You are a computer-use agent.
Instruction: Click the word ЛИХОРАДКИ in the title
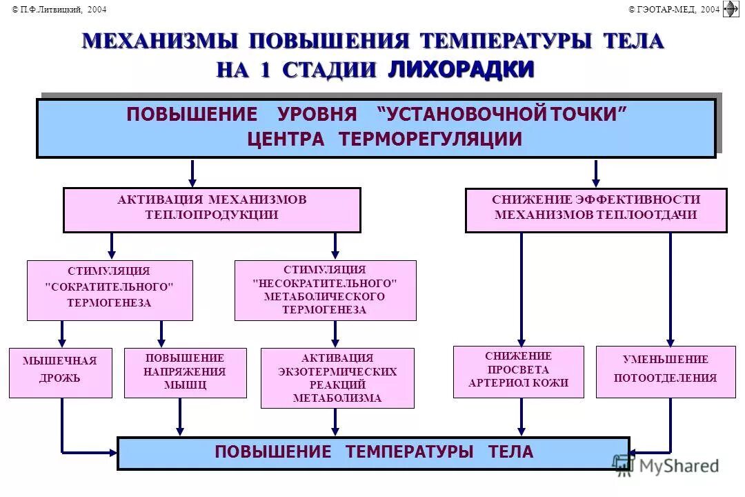click(461, 70)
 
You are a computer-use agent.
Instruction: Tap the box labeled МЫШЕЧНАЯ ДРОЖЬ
click(60, 373)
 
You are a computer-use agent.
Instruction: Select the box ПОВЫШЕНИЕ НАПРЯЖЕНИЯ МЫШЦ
click(185, 373)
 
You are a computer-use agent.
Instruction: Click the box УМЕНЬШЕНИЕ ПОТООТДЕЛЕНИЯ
click(665, 372)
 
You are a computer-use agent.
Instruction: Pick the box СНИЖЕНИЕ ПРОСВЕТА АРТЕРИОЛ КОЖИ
click(518, 371)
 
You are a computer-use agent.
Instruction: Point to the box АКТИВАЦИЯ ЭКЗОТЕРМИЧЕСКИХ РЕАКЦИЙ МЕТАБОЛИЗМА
click(337, 378)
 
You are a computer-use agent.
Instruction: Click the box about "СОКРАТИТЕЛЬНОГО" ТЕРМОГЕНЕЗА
click(110, 290)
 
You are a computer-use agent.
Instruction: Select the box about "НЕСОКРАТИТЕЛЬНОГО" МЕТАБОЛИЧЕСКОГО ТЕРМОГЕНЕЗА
click(325, 290)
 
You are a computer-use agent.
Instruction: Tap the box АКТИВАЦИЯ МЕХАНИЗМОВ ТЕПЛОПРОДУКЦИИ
click(212, 210)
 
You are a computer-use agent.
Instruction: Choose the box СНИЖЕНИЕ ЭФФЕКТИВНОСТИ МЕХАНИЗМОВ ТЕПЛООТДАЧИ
click(596, 210)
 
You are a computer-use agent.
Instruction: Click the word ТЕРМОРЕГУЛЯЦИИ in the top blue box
click(430, 139)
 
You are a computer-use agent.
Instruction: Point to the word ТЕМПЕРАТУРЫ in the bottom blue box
click(409, 452)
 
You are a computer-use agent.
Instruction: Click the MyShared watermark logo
click(666, 466)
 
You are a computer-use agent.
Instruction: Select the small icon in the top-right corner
click(731, 8)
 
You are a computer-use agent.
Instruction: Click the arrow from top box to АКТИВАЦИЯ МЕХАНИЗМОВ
click(192, 173)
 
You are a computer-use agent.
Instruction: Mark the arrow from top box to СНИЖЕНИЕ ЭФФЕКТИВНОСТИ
click(596, 173)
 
